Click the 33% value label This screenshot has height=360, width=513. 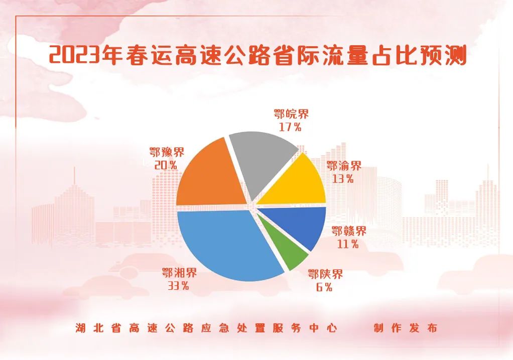coord(179,286)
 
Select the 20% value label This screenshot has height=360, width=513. coord(166,165)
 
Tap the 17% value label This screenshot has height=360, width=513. coord(290,127)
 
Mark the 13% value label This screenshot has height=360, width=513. coord(343,179)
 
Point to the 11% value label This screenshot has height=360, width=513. coord(348,244)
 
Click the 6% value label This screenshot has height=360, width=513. coord(324,287)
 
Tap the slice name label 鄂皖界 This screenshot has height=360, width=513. coord(291,114)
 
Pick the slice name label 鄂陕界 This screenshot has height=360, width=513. coord(325,274)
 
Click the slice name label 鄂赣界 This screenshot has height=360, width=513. coord(349,231)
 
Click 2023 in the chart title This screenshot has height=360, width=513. coord(74,55)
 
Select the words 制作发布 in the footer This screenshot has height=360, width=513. coord(406,328)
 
